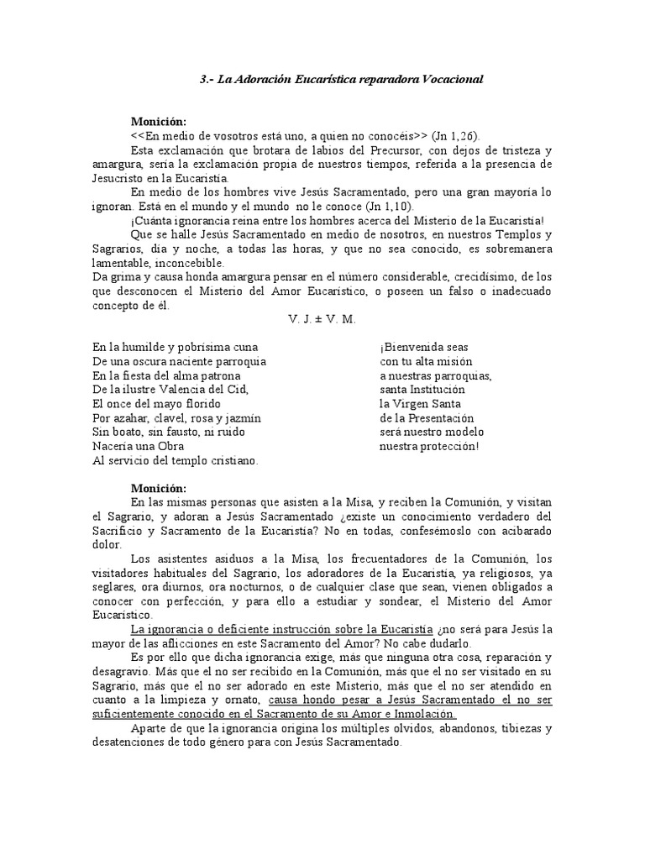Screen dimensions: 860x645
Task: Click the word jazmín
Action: [x=241, y=418]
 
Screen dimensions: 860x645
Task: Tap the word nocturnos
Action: [x=258, y=588]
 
